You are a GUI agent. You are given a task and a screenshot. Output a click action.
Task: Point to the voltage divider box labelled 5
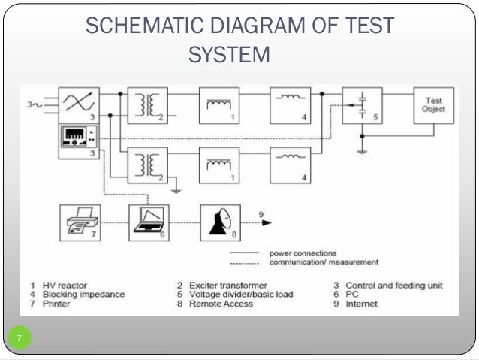click(362, 105)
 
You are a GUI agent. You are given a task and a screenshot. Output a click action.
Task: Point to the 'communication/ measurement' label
click(324, 262)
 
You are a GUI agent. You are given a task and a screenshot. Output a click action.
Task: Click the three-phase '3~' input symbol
click(35, 105)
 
